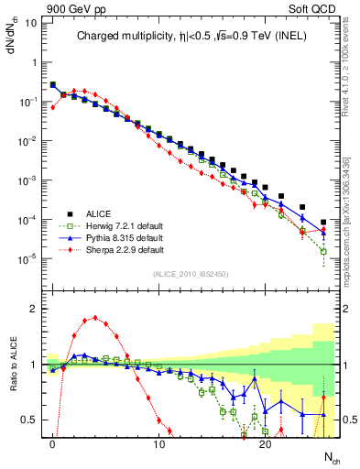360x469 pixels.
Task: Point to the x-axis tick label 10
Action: tap(159, 443)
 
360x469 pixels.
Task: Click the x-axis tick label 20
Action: tap(265, 443)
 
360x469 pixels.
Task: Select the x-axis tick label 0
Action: tap(53, 443)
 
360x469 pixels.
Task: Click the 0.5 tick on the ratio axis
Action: tap(28, 420)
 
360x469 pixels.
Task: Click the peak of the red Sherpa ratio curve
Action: tap(95, 318)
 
